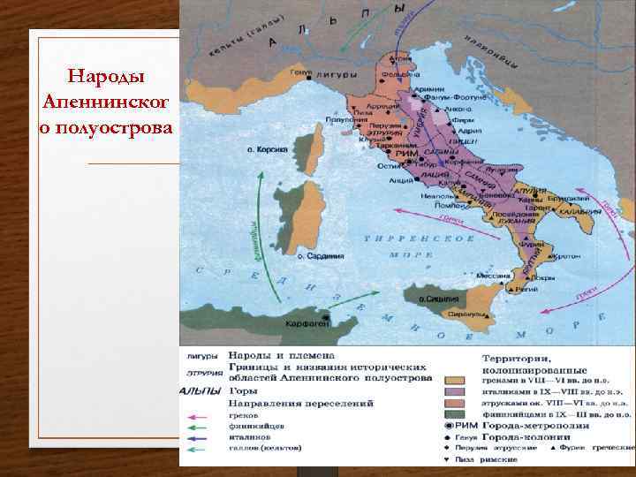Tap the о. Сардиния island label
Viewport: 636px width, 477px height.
point(323,255)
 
